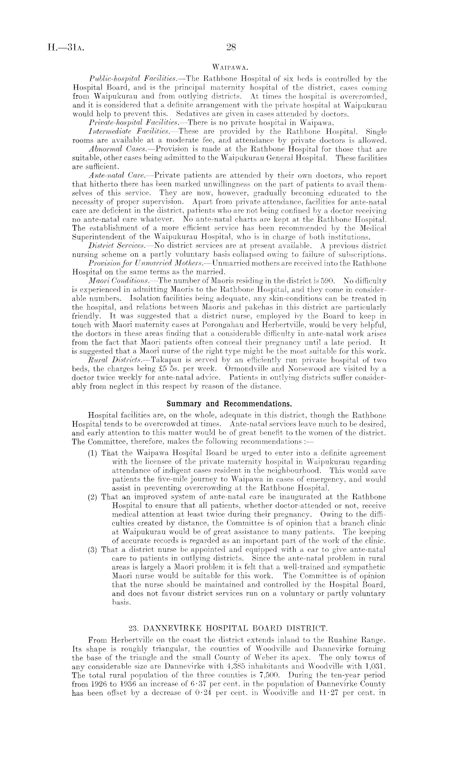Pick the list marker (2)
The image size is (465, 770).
94,497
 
